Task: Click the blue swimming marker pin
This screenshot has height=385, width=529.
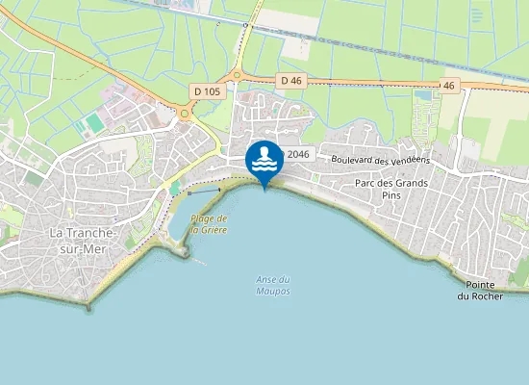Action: click(264, 160)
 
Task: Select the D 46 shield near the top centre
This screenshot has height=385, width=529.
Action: click(291, 81)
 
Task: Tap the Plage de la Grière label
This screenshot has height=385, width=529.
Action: click(209, 224)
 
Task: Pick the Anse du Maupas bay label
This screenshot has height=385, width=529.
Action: click(273, 285)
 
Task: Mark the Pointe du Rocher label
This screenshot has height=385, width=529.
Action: click(480, 291)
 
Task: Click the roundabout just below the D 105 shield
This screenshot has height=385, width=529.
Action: click(184, 113)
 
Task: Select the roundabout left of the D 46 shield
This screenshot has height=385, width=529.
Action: click(237, 76)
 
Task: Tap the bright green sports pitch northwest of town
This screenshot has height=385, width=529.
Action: click(94, 123)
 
